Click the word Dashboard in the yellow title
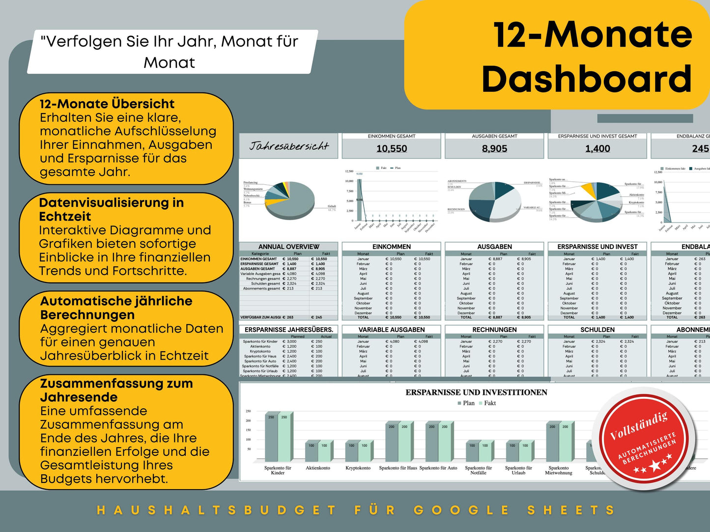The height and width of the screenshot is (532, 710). point(587,79)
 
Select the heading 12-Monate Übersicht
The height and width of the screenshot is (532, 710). point(107,104)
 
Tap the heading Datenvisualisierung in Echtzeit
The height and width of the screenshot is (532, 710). point(111,209)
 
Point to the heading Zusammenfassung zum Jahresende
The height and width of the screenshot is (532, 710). point(116,390)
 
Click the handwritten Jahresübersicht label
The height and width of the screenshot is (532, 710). point(288,146)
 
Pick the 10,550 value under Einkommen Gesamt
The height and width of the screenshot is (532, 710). point(392,148)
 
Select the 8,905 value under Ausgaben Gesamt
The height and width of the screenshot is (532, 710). point(494,148)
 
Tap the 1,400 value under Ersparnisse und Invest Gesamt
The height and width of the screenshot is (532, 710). point(597,148)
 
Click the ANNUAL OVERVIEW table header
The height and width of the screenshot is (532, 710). point(289,247)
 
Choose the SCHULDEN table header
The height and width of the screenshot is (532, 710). point(597,330)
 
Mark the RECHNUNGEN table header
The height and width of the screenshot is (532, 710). point(494,330)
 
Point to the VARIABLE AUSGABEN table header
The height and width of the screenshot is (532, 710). point(392,330)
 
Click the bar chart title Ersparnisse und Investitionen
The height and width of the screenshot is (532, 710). point(476,392)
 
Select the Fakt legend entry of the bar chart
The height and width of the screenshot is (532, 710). point(489,403)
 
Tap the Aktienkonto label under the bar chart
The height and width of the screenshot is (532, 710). point(318,468)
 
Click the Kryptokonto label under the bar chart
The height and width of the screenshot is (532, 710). point(358,468)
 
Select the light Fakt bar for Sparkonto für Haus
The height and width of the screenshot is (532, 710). point(404,442)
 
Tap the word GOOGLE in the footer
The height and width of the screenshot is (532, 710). point(461,510)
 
